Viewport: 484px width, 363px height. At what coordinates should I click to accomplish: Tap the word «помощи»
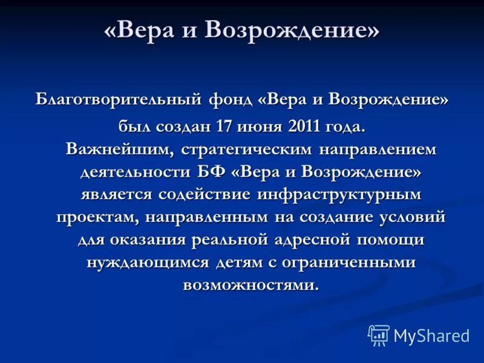click(x=390, y=240)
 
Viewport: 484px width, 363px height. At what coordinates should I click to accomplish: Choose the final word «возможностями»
click(x=250, y=284)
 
